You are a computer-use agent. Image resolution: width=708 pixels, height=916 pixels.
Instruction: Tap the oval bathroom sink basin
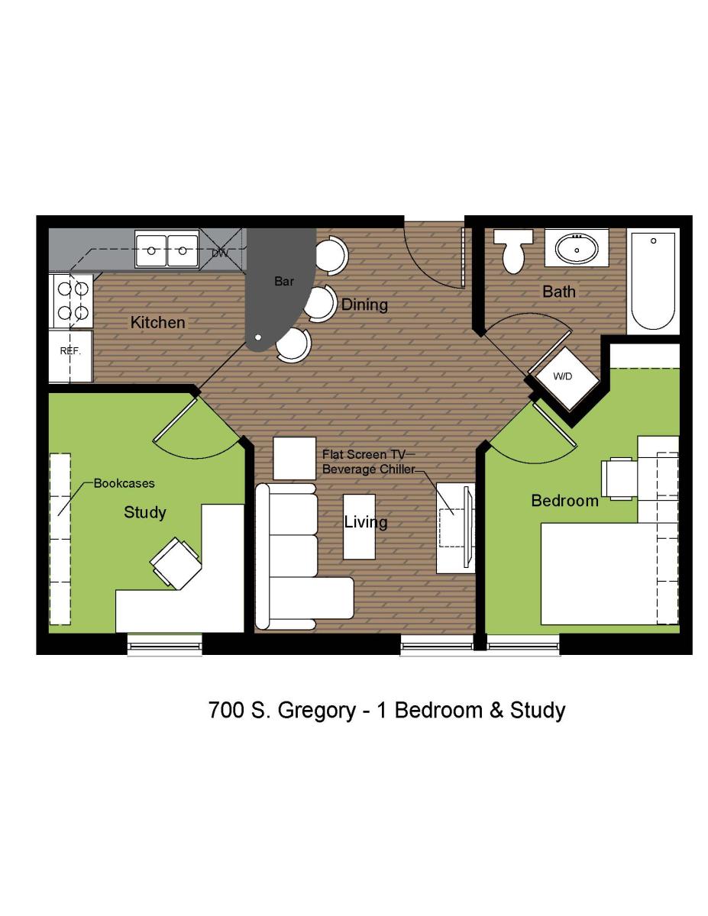(577, 248)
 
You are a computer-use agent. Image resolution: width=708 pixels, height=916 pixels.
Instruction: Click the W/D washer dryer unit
(564, 376)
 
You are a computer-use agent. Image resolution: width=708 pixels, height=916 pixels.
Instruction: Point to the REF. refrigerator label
(70, 350)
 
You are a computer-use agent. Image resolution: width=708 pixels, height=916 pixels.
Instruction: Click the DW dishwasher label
(220, 253)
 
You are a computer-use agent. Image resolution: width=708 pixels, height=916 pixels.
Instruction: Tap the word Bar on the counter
(284, 281)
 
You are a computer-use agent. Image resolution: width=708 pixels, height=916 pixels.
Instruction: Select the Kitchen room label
(157, 322)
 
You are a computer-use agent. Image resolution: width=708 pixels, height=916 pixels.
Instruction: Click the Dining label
(364, 305)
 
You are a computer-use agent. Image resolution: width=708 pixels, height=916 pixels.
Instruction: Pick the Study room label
(144, 513)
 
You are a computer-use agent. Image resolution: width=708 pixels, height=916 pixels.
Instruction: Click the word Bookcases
(124, 483)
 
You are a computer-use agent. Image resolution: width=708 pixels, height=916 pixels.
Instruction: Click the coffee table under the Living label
(359, 527)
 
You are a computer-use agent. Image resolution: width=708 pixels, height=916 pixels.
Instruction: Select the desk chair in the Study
(175, 563)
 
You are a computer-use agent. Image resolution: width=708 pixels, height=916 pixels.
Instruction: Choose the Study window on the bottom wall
(165, 646)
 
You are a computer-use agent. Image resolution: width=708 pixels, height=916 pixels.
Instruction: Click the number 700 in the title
(226, 710)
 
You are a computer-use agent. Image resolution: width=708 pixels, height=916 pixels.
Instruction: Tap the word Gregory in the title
(317, 711)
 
